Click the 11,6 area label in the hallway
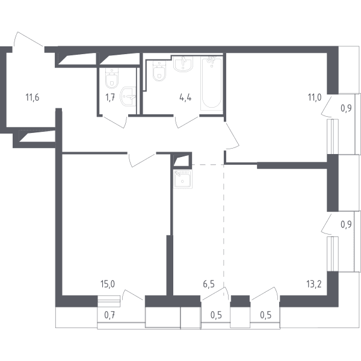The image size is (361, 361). coord(32,97)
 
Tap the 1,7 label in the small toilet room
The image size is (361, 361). coord(110,97)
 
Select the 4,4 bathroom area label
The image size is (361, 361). coord(185,97)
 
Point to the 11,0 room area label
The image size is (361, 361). coord(315,97)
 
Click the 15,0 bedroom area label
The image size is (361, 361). coord(108,284)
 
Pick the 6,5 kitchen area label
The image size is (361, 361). coord(209,284)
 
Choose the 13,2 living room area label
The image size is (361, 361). coord(314,284)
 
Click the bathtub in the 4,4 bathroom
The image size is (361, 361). coord(212,83)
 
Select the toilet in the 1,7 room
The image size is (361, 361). coord(112,78)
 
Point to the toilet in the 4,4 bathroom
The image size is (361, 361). coord(159,71)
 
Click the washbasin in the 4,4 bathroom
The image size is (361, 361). coord(184,64)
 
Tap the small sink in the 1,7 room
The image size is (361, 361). coord(128,97)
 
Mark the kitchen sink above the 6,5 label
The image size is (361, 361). coord(182,179)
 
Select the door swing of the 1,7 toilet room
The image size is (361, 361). coord(114,122)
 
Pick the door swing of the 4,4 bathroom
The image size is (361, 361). coord(187,122)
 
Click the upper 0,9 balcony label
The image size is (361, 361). coord(346,108)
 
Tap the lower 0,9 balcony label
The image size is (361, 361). coord(346,224)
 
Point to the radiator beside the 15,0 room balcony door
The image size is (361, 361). coord(109,301)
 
